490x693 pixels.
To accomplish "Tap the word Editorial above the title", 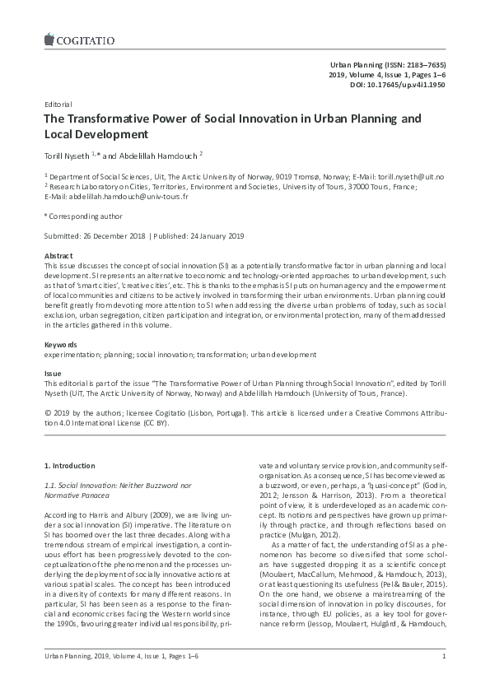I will coord(57,105).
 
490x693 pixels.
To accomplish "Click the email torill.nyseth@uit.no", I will coord(412,176).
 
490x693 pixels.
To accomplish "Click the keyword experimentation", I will coord(72,354).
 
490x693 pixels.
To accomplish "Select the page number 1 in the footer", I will coord(443,678).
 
